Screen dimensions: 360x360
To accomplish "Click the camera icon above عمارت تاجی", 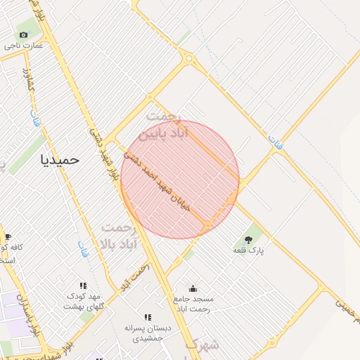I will (23, 34).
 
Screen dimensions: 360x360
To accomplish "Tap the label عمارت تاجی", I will (23, 45).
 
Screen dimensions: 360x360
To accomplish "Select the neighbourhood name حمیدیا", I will (60, 160).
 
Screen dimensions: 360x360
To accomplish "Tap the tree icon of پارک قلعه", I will (248, 240).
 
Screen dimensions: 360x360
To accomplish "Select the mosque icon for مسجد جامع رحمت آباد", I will (193, 288).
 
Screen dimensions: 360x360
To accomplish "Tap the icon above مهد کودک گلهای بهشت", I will (83, 285).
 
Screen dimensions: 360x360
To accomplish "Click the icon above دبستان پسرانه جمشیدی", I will (148, 317).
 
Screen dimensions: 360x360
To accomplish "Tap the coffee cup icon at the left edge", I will (8, 236).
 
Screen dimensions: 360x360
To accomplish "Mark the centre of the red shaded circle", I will (180, 179).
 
